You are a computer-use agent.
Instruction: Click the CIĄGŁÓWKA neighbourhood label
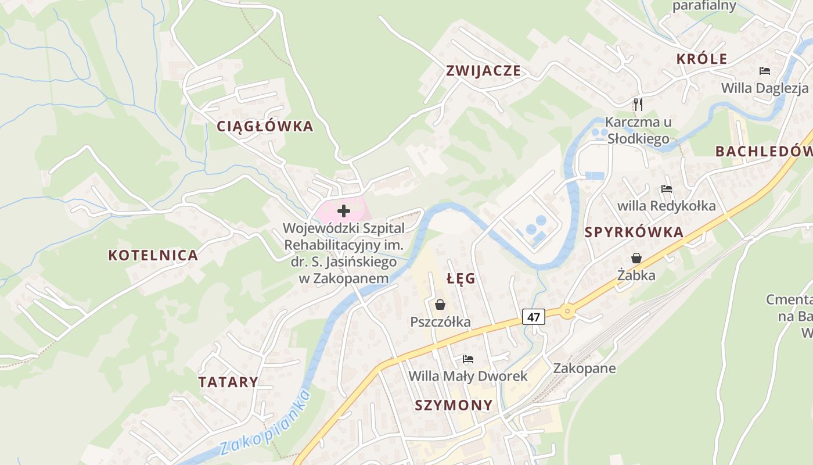click(265, 126)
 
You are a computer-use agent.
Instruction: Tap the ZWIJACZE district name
click(483, 71)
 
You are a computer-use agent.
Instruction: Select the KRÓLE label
click(702, 59)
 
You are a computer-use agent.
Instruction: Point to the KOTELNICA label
click(153, 255)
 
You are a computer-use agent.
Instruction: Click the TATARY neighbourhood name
click(228, 382)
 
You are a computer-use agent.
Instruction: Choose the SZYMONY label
click(454, 405)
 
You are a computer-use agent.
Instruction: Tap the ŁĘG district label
click(461, 278)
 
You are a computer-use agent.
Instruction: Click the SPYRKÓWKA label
click(634, 233)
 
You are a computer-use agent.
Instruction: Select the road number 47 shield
click(534, 317)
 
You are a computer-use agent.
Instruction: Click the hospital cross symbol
click(344, 210)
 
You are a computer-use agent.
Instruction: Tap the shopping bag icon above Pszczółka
click(440, 305)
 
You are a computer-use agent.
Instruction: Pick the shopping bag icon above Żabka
click(636, 258)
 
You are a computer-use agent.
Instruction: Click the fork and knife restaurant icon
click(638, 104)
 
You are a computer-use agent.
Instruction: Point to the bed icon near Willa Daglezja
click(765, 71)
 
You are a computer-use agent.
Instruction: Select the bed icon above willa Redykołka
click(666, 189)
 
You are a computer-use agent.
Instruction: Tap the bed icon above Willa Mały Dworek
click(468, 359)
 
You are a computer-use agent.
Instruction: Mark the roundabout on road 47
click(567, 312)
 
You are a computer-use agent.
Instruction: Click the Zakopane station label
click(584, 368)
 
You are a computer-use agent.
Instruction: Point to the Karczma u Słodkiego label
click(638, 130)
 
